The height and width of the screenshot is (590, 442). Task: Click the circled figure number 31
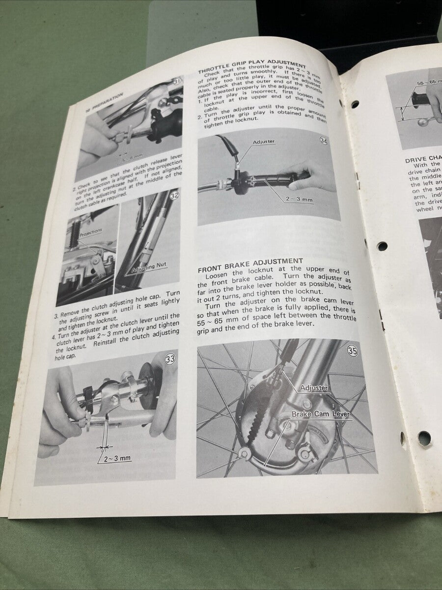tap(178, 82)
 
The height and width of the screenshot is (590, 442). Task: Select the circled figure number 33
tap(170, 359)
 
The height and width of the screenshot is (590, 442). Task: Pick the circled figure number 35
tap(353, 351)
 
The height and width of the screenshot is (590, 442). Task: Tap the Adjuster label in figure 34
tap(264, 142)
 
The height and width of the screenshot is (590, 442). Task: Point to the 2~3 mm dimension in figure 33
tap(117, 458)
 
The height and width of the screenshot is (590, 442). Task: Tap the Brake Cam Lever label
tap(320, 414)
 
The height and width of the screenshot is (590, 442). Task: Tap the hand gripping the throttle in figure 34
tap(315, 176)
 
